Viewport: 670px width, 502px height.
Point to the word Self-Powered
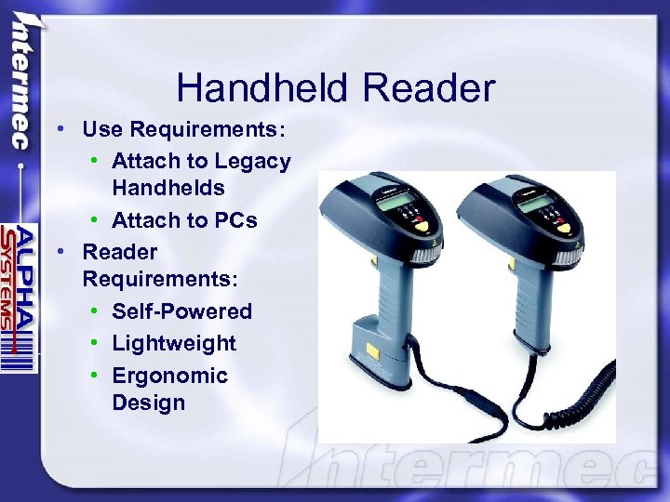(x=182, y=311)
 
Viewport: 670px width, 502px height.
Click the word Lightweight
(x=174, y=343)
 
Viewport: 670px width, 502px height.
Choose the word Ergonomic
(x=169, y=376)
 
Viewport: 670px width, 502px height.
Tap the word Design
(x=149, y=403)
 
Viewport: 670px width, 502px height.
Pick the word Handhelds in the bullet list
(x=168, y=189)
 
